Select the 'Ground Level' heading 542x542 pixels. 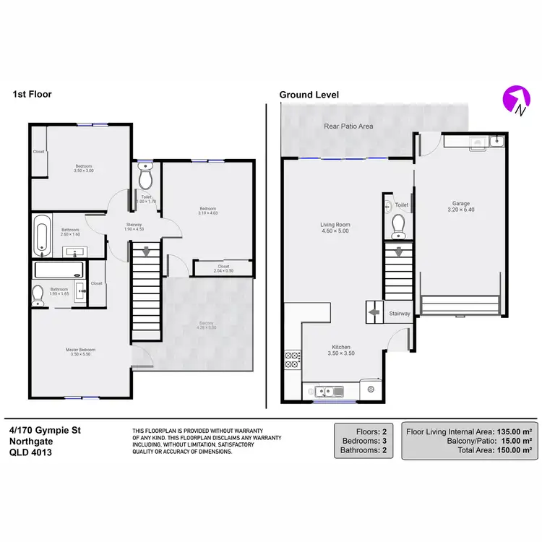309,95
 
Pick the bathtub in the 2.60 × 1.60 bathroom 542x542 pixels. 43,234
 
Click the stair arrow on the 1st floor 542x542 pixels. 146,251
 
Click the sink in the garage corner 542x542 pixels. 496,140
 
